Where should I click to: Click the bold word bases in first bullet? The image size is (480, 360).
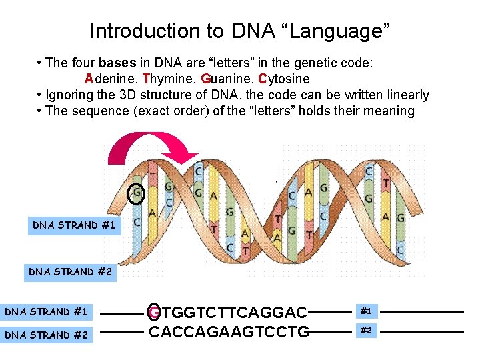click(117, 63)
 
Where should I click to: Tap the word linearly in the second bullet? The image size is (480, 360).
click(405, 95)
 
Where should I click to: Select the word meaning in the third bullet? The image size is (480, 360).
click(390, 111)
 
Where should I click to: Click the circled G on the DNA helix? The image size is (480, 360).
click(137, 193)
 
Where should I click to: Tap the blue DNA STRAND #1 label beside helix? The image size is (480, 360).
click(74, 225)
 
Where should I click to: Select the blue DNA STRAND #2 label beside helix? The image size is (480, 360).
click(69, 272)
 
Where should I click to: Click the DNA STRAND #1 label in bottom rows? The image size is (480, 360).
click(46, 312)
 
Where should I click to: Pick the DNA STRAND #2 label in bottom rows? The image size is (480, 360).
click(46, 335)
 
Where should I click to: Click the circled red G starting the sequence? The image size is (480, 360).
click(155, 312)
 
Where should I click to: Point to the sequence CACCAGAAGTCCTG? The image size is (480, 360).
click(229, 331)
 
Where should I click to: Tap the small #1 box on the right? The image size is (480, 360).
click(365, 311)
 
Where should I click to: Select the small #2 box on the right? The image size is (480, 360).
click(365, 331)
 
